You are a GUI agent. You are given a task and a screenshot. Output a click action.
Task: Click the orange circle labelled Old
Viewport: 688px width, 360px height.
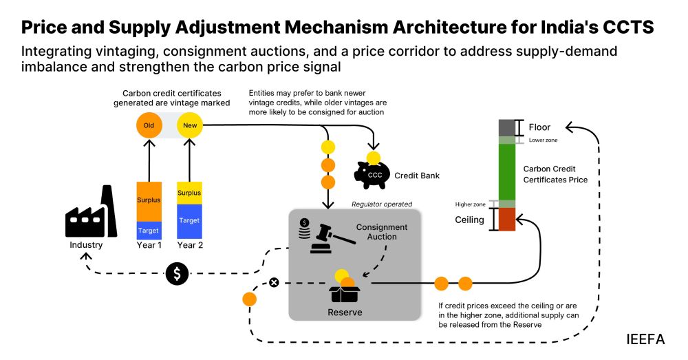(149, 126)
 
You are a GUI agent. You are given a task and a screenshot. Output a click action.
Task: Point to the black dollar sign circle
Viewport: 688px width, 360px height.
(177, 274)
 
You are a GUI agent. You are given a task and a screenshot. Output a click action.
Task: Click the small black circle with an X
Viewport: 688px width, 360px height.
(274, 283)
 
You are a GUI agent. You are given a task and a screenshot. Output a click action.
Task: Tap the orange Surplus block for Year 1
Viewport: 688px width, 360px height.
(149, 201)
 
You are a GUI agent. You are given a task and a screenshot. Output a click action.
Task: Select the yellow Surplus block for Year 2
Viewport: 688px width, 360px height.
(189, 193)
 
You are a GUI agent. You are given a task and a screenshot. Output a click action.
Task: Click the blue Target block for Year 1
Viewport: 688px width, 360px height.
(149, 230)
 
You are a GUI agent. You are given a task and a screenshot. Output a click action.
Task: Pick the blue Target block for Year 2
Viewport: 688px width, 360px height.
(189, 221)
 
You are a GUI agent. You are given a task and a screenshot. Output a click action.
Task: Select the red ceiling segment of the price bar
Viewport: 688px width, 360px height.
(507, 220)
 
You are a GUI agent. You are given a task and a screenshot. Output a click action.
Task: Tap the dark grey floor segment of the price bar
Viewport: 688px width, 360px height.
(507, 127)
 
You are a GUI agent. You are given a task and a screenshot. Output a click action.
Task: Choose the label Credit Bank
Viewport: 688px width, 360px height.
(417, 176)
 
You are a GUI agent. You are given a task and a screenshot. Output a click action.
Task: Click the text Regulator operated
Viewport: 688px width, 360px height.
(382, 204)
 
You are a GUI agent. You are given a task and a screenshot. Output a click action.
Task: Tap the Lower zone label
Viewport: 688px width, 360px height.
(543, 140)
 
